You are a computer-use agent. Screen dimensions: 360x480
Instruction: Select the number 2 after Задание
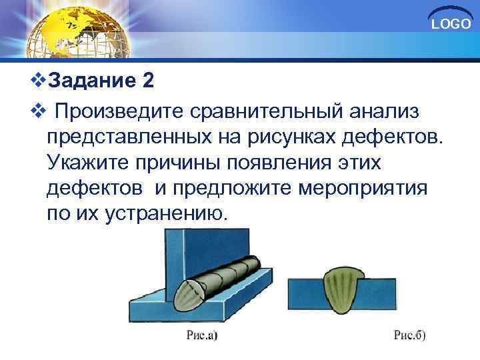tap(148, 81)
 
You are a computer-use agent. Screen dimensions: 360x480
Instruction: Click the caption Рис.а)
tap(202, 335)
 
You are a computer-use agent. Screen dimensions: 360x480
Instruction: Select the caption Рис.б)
tap(409, 335)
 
